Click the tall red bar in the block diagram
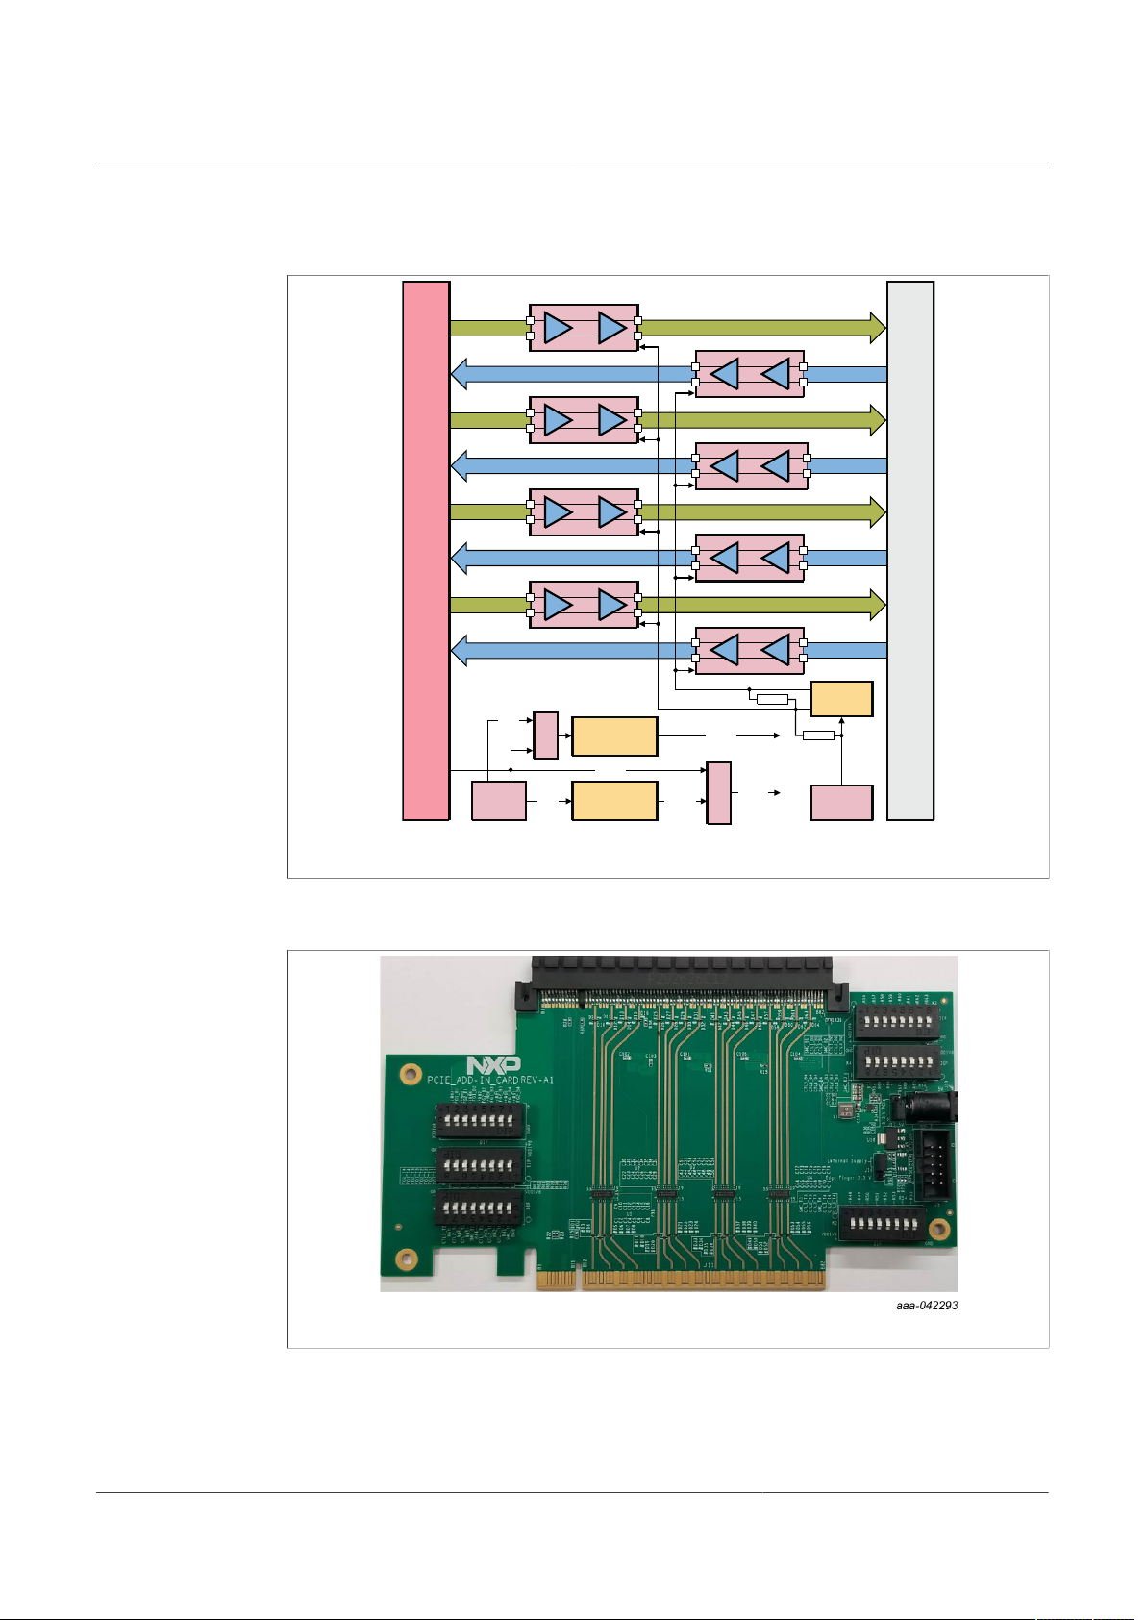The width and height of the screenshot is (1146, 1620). click(x=426, y=550)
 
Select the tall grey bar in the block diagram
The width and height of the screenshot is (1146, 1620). click(x=910, y=550)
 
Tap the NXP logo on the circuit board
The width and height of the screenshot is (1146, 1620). click(x=493, y=1065)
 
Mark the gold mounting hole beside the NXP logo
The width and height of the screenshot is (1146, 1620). click(x=411, y=1072)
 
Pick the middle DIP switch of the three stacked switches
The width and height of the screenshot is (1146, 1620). click(x=480, y=1166)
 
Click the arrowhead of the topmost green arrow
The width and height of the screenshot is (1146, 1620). click(x=877, y=328)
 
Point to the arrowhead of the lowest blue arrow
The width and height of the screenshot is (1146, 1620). click(x=460, y=650)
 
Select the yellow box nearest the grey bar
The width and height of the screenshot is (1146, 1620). click(x=841, y=699)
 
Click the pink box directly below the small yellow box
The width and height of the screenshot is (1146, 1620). click(x=841, y=803)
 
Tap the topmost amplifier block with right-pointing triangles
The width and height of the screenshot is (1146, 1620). click(x=584, y=328)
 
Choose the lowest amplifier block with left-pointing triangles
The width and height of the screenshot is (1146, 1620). click(x=750, y=650)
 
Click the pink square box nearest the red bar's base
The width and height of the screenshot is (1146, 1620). click(x=499, y=801)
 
